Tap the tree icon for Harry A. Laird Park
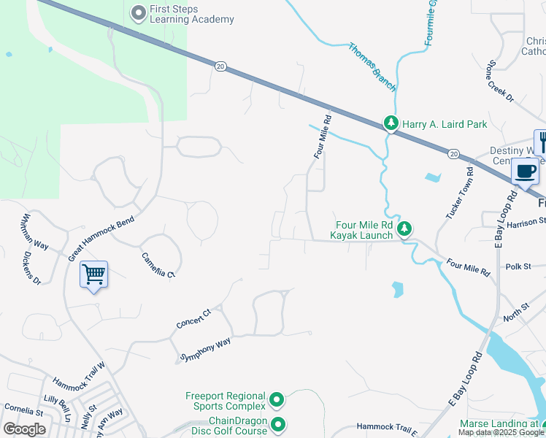392,124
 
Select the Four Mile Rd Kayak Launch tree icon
405,230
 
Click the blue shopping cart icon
93,274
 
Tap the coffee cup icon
525,172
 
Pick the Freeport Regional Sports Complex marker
277,400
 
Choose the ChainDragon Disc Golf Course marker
278,424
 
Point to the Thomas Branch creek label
372,67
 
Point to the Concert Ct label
193,318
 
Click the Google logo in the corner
25,429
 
